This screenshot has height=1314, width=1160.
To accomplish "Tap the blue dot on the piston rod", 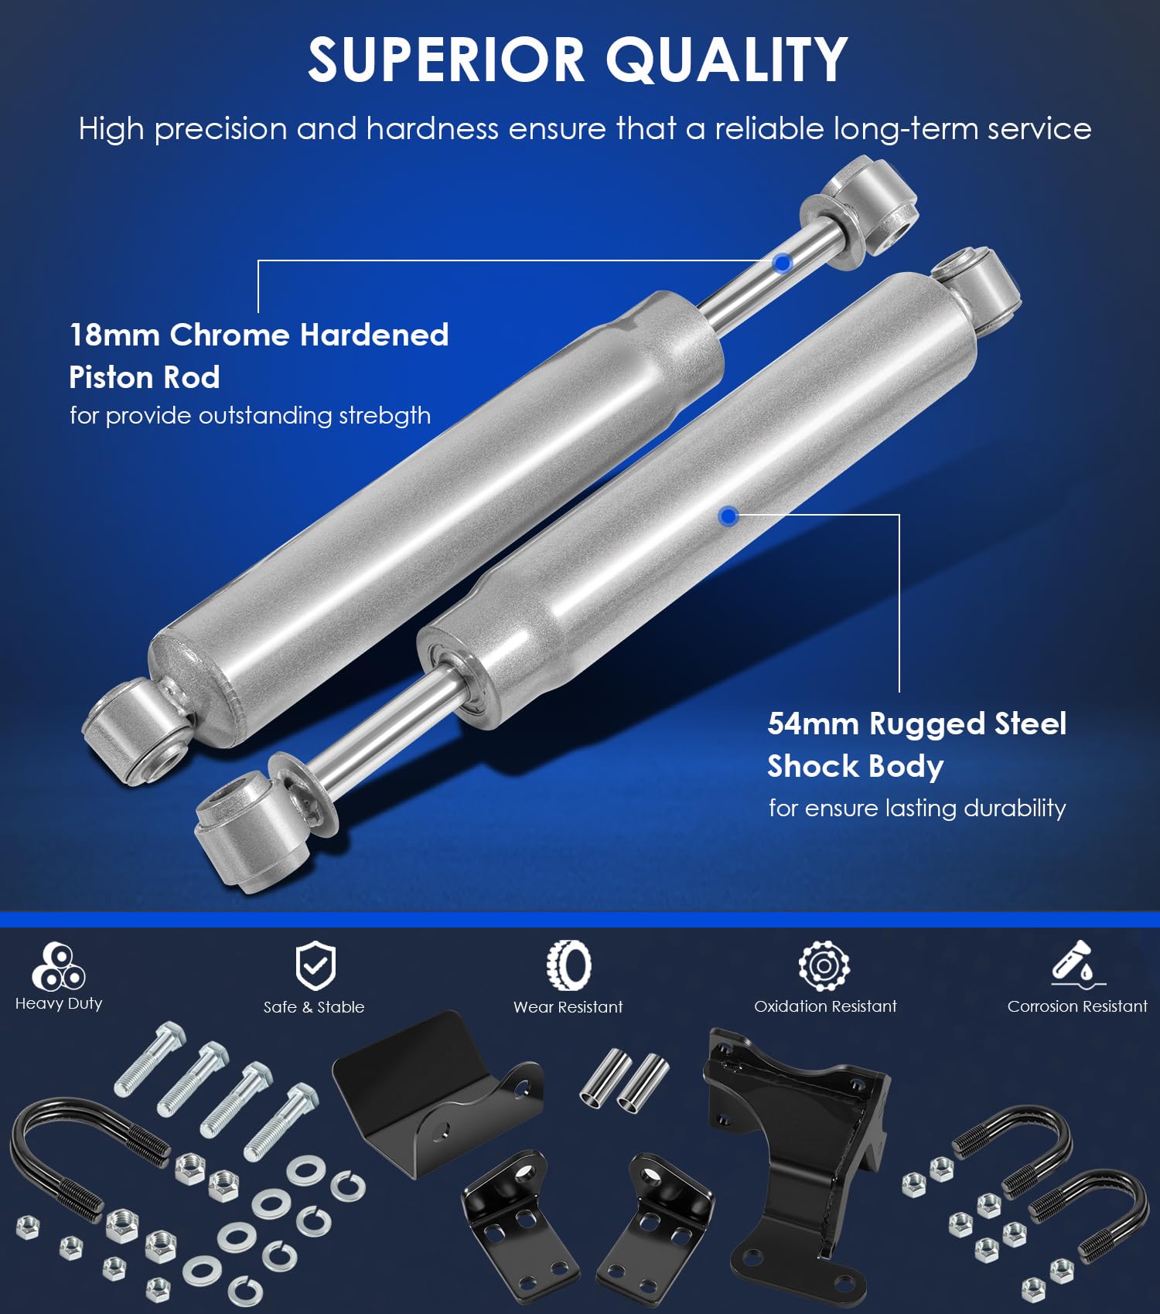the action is point(783,264).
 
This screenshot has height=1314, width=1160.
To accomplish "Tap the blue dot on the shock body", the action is point(728,516).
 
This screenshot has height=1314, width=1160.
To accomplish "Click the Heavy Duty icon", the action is point(59,965).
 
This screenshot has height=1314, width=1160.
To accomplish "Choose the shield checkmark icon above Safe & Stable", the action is point(315,965).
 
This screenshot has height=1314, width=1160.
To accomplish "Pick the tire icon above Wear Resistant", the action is point(568,965).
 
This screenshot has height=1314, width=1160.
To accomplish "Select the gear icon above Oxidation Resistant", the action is point(824,965).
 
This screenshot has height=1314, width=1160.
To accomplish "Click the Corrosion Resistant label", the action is point(1077,1006).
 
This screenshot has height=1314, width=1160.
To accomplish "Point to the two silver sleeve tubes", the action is point(624,1081).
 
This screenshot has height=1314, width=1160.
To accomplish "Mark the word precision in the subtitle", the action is point(220,129).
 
